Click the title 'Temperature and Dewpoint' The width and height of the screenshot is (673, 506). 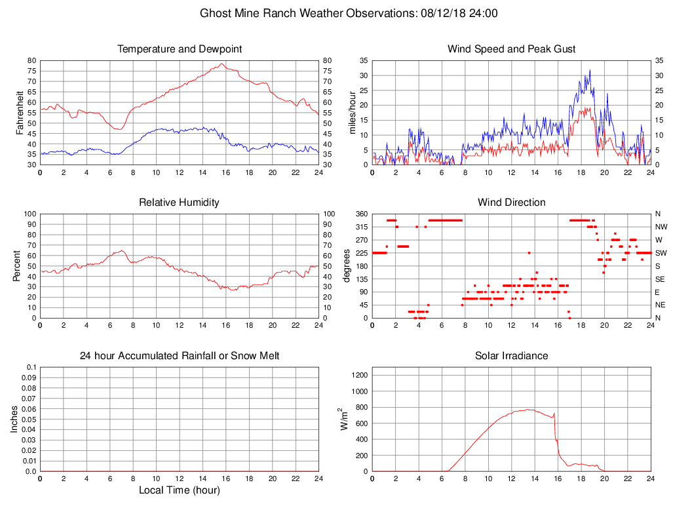coord(179,49)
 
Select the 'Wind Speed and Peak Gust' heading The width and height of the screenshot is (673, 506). coord(511,49)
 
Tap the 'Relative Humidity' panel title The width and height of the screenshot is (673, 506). coord(179,203)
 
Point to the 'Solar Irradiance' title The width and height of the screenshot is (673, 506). coord(511,356)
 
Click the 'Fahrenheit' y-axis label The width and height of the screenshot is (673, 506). coord(20,113)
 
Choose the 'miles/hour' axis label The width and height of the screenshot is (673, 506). coord(353,113)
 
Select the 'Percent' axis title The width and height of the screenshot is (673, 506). coord(16,265)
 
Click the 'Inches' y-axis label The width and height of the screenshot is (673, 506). coord(14,419)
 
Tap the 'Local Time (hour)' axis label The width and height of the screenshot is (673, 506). coord(179,490)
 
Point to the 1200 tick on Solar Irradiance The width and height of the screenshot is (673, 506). coord(359,376)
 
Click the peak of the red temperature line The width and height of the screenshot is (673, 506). coord(222,64)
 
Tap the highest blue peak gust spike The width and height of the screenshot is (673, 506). coord(589,70)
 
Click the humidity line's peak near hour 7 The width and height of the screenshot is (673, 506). coord(122,250)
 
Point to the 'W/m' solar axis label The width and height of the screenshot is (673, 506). coord(342,419)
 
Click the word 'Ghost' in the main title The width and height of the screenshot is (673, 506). coord(215,13)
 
